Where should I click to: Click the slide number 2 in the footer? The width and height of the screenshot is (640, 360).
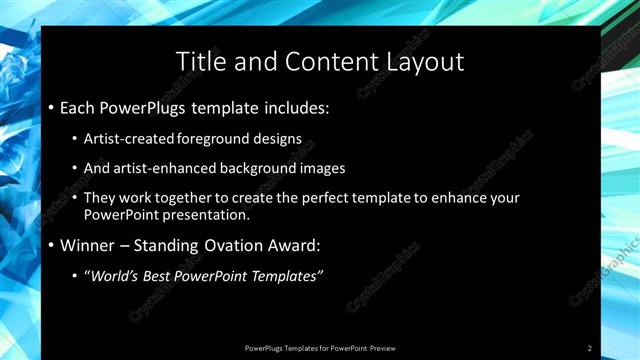point(590,348)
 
